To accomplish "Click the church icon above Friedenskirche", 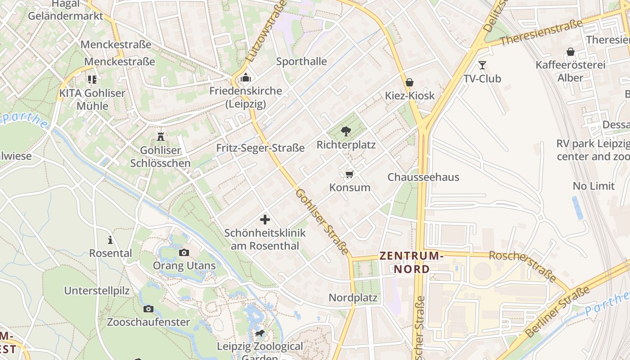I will click(x=245, y=78).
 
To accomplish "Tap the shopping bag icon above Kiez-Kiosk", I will click(x=409, y=82).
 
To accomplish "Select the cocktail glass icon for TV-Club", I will click(x=482, y=65).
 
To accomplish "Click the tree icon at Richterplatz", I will click(x=346, y=131).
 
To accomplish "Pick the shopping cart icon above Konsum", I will click(x=350, y=174).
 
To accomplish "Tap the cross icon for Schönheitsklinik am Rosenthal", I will click(x=265, y=220).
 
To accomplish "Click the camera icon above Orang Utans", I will click(x=184, y=252).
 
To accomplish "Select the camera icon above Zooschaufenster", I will click(x=148, y=309).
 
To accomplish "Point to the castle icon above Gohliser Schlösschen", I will click(x=160, y=137).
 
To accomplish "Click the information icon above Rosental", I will click(x=110, y=240).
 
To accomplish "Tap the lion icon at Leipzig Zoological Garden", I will click(x=260, y=333).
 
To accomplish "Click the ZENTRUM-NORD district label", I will click(x=411, y=262).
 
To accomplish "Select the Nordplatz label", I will click(x=353, y=297).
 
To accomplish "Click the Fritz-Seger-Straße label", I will click(x=260, y=148).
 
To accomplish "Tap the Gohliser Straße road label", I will click(x=322, y=221).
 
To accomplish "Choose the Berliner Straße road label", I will click(x=557, y=312).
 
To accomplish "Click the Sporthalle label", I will click(x=301, y=61).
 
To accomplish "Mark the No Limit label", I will click(x=594, y=186).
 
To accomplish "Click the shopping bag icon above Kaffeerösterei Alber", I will click(x=571, y=52).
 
